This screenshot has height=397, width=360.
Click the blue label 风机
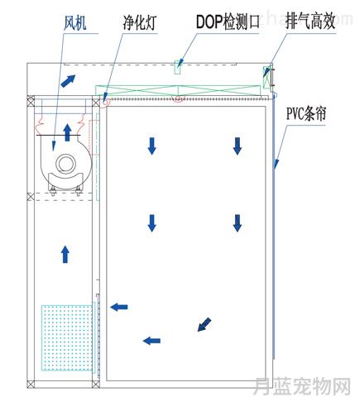coord(74,23)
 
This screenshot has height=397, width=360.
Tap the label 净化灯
coord(140,22)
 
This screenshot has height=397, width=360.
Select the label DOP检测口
coord(228,22)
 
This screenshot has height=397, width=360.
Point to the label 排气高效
coord(310,21)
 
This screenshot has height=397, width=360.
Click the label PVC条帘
coord(306,113)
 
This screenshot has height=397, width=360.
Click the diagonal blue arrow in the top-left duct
coord(68,81)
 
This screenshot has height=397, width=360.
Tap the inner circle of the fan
coord(66,164)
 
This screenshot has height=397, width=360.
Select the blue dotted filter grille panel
coord(67,337)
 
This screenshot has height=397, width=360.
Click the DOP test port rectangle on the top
coord(178,67)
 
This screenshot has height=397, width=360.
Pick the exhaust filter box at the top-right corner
coord(266,78)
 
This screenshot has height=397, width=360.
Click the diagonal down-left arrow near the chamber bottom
coord(204,324)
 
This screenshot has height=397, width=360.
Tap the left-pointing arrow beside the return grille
coord(119,307)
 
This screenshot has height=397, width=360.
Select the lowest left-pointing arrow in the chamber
coord(151,341)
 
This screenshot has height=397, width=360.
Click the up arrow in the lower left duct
coord(65,254)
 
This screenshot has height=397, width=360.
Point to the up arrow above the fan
coord(67,132)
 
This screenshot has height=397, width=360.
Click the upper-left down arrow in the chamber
coord(152,146)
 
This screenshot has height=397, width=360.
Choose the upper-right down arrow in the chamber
coord(238,146)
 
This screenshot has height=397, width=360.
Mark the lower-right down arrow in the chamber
coord(238,223)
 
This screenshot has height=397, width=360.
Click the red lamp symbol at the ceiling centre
coord(178,98)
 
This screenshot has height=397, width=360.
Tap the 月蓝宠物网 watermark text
coord(302,385)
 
